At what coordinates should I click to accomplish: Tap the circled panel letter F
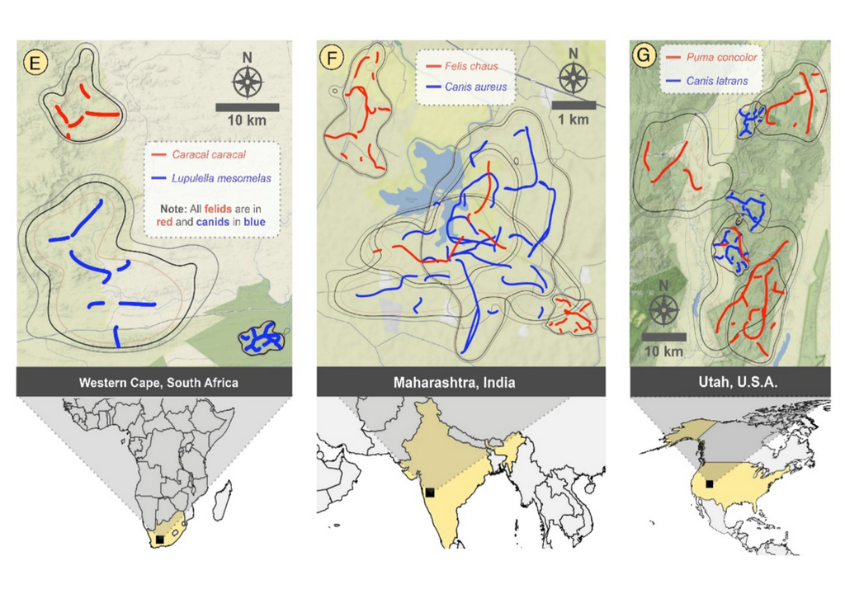pos(333,59)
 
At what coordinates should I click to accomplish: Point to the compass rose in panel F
pos(574,78)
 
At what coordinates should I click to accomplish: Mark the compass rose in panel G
pos(663,310)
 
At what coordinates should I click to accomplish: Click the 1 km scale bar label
pos(574,119)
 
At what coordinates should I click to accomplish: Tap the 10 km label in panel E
pos(247,121)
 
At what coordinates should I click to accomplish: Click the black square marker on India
pos(429,493)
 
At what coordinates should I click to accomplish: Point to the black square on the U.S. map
pos(709,484)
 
